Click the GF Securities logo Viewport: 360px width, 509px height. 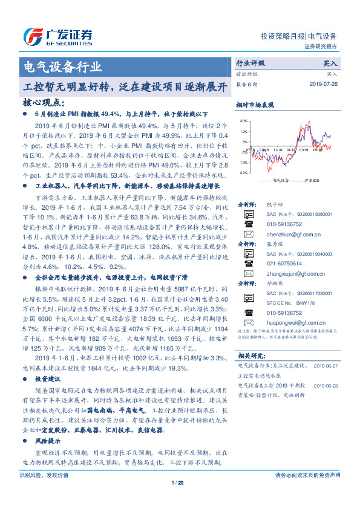point(57,37)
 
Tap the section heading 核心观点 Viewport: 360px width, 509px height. point(42,102)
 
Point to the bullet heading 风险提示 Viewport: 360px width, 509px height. point(48,442)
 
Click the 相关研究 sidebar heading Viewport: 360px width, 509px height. point(250,356)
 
